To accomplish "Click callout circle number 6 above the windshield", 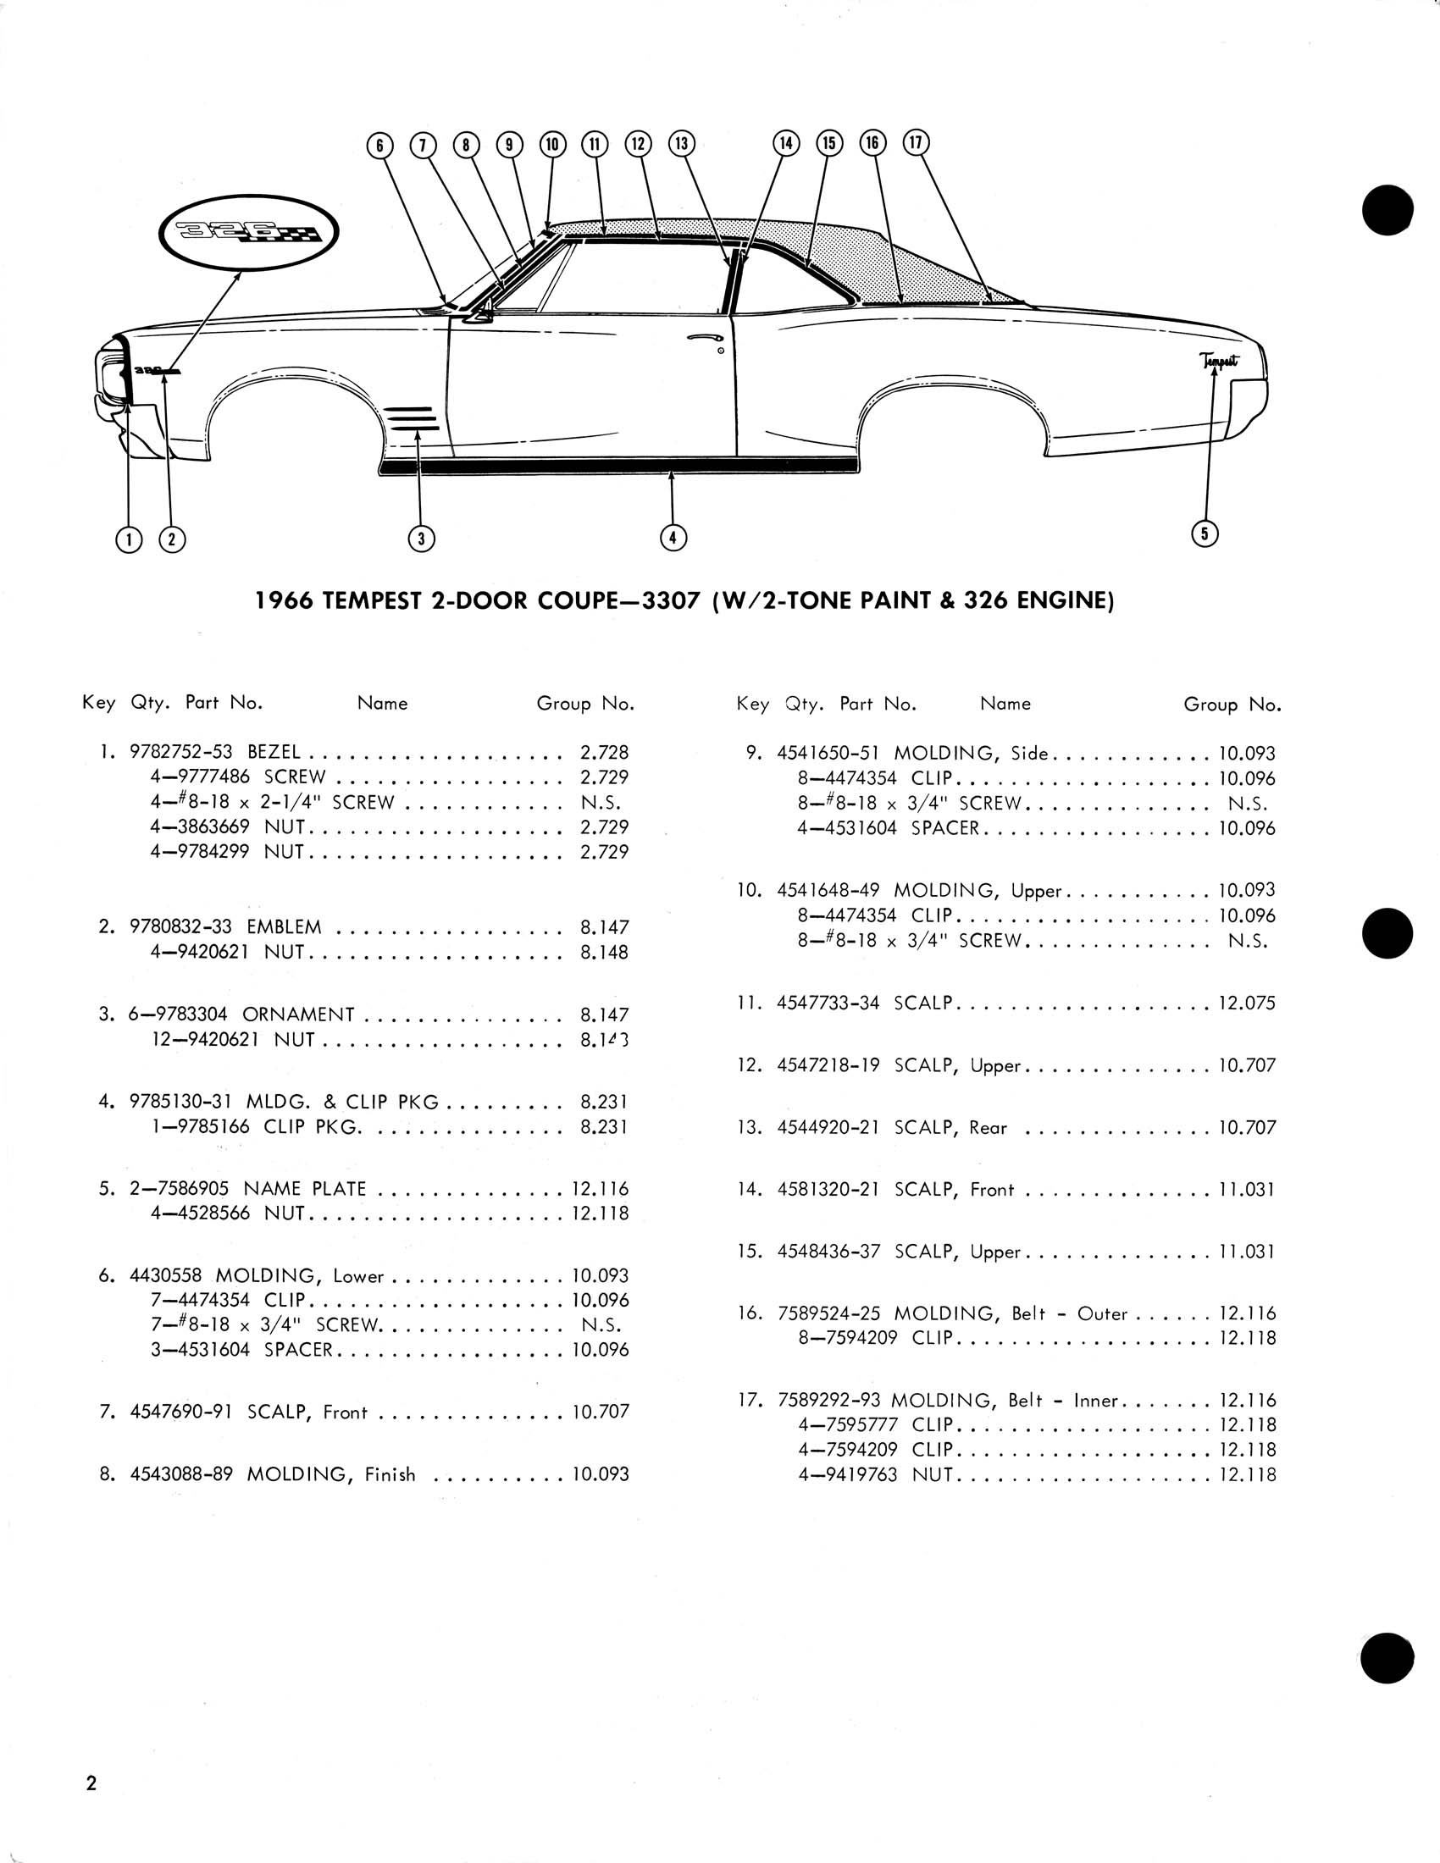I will tap(380, 146).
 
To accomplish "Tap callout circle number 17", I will tap(916, 142).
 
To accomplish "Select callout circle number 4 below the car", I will tap(673, 538).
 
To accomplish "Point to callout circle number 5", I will tap(1205, 534).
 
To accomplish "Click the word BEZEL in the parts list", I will tap(273, 752).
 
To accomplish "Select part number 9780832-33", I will tap(180, 927).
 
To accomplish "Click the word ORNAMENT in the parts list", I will tap(297, 1015).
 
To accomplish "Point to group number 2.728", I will tap(604, 752).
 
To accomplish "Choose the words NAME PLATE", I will tap(305, 1189).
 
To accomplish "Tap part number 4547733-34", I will tap(828, 1003).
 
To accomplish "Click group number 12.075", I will tap(1246, 1003).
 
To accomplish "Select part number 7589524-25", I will tap(828, 1313).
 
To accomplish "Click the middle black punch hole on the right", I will tap(1388, 932).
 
